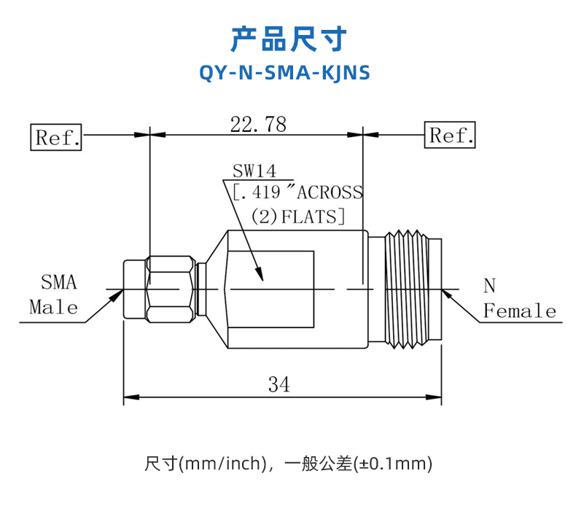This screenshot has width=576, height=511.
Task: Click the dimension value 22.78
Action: tap(258, 124)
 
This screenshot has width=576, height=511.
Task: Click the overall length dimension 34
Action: tap(279, 385)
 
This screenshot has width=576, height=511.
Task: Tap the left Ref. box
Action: tap(56, 137)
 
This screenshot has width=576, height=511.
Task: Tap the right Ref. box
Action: tap(450, 135)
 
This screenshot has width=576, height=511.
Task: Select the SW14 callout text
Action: tap(254, 171)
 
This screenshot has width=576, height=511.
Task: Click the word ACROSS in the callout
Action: tap(330, 192)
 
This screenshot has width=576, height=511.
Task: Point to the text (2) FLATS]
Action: tap(298, 217)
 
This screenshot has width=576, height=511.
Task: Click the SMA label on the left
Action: tap(59, 283)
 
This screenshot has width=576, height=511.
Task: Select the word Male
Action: tap(54, 307)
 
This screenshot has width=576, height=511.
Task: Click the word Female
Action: tap(519, 311)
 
